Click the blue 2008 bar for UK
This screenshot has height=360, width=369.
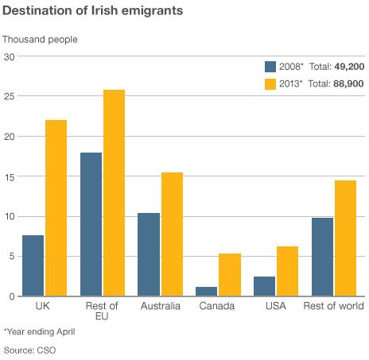[33, 265]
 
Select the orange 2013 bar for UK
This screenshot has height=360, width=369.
[56, 208]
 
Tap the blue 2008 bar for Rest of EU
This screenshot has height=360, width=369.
[91, 224]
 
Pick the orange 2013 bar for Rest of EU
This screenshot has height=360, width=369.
[114, 193]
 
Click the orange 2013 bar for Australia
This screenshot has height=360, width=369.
[172, 234]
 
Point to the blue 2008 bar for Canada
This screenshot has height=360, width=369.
[207, 291]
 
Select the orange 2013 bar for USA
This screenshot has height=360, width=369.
[287, 271]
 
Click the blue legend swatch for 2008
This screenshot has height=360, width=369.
[270, 67]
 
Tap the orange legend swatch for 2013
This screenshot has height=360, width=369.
[270, 84]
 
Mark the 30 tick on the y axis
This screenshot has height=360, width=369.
[10, 56]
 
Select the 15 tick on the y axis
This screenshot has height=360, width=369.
[10, 176]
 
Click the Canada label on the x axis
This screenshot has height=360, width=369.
[217, 306]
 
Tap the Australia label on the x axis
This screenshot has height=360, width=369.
[161, 306]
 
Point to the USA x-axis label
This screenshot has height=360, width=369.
[275, 306]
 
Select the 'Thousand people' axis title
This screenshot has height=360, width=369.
[41, 39]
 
